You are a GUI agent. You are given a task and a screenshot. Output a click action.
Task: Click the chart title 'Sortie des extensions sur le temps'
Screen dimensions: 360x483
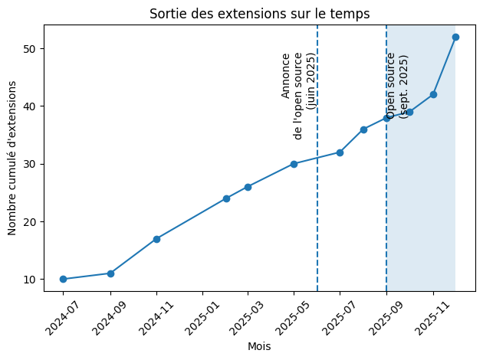[x=259, y=13]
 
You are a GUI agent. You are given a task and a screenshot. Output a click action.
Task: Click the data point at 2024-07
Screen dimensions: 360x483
[x=63, y=279]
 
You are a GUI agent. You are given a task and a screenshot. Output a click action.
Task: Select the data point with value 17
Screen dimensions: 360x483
[x=156, y=239]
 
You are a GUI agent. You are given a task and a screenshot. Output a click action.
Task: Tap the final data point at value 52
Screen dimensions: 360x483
[x=455, y=37]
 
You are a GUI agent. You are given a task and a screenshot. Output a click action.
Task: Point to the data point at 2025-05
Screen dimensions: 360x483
[x=294, y=164]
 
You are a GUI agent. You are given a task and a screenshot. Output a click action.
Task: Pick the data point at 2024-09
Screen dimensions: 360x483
[x=110, y=273]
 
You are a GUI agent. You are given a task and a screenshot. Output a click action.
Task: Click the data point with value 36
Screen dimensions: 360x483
[x=363, y=129]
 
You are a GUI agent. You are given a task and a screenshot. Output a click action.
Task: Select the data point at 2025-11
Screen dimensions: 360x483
[x=433, y=94]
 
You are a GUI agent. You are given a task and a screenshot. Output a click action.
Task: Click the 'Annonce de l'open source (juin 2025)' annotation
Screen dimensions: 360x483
[x=298, y=96]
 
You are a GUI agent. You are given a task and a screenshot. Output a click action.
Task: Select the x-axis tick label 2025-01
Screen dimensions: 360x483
[x=196, y=316]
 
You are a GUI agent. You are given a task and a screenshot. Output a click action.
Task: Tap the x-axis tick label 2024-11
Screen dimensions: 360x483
[x=150, y=316]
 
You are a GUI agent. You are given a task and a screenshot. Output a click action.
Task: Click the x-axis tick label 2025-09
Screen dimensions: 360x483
[x=380, y=316]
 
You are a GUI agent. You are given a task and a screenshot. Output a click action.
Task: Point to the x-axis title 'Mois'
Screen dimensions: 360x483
[x=259, y=346]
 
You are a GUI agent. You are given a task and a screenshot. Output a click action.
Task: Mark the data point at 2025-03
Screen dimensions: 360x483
[x=248, y=187]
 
